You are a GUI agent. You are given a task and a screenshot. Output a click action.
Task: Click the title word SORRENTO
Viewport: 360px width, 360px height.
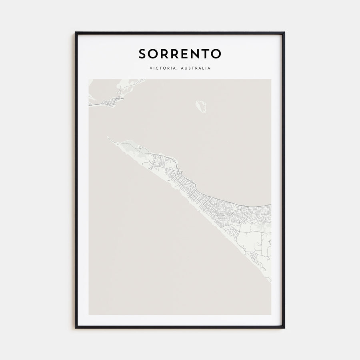click(180, 54)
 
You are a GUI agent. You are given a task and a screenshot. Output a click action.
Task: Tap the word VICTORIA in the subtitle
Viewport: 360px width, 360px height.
click(164, 68)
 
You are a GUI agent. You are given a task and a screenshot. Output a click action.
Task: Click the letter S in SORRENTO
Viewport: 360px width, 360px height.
click(143, 54)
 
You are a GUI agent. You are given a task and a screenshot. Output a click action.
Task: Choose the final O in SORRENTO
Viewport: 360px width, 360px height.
click(216, 54)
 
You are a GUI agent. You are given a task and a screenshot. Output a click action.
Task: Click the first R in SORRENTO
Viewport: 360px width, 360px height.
click(165, 54)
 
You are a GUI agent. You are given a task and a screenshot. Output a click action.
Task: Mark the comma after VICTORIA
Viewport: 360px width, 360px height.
click(178, 70)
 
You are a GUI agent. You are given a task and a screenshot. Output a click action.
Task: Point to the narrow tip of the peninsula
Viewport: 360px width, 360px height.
click(108, 138)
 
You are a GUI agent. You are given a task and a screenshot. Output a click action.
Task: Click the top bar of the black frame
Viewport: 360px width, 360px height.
click(180, 33)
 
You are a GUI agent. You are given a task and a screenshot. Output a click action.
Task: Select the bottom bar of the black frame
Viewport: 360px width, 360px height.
click(180, 328)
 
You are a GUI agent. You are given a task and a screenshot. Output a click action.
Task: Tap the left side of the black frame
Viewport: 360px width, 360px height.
click(76, 180)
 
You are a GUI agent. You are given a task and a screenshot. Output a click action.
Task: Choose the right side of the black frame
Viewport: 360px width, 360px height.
click(284, 180)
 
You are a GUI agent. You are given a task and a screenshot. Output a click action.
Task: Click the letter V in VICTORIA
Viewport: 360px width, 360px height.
click(151, 68)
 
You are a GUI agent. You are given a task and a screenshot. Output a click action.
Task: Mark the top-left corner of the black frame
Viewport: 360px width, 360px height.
click(76, 33)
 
